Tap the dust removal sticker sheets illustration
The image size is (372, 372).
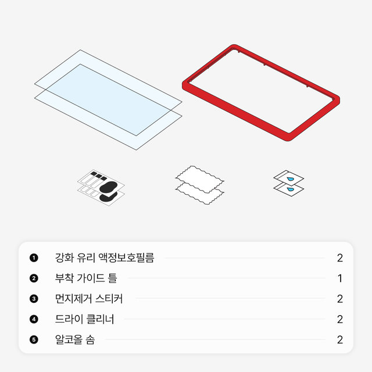pyautogui.click(x=101, y=186)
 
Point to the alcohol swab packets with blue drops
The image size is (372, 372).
pyautogui.click(x=289, y=182)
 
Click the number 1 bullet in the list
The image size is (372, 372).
pyautogui.click(x=34, y=257)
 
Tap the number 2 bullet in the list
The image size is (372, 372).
pyautogui.click(x=34, y=278)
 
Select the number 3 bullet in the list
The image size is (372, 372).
pyautogui.click(x=34, y=299)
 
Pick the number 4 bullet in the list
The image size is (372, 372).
pyautogui.click(x=34, y=319)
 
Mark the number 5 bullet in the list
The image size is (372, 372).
pyautogui.click(x=34, y=340)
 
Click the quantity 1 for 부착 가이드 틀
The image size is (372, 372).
pyautogui.click(x=340, y=278)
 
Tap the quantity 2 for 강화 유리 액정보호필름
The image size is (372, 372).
pyautogui.click(x=340, y=257)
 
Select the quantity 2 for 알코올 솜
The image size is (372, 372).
pyautogui.click(x=340, y=340)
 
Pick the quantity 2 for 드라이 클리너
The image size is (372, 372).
pyautogui.click(x=340, y=319)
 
